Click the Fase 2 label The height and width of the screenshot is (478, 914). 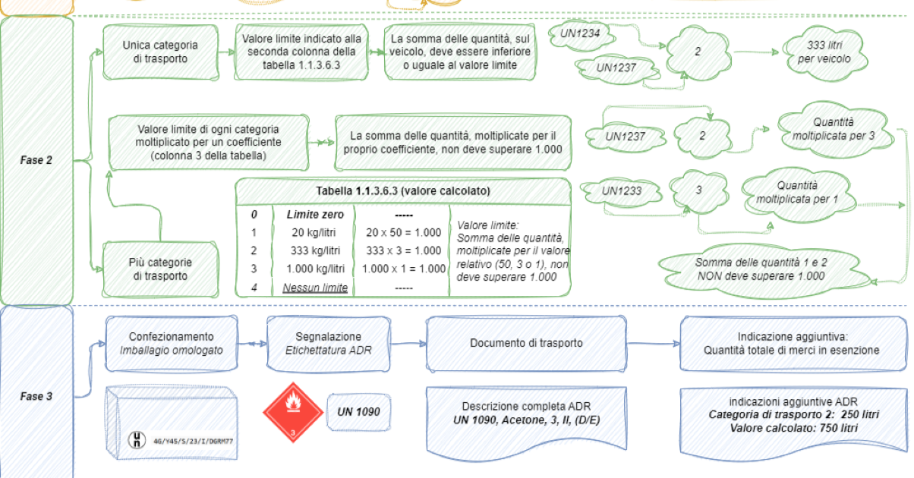pos(36,160)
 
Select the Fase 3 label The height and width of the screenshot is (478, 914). pos(36,396)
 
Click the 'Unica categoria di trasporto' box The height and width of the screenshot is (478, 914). pos(160,52)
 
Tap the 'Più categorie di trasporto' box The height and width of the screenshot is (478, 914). pos(160,269)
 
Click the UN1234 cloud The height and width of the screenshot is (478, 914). pos(580,35)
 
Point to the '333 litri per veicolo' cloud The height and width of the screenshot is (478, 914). pos(824,52)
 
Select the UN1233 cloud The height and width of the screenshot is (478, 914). pos(622,191)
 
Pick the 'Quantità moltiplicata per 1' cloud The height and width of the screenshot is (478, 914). pos(797,193)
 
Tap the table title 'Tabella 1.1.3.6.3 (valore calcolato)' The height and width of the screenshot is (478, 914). pos(403,191)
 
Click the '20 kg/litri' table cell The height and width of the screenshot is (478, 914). pos(314,232)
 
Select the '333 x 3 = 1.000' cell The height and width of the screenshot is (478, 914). pos(403,250)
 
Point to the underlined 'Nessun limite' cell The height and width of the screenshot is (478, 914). pos(315,288)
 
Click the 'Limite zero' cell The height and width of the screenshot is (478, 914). pos(315,215)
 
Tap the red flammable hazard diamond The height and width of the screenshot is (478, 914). pos(293,412)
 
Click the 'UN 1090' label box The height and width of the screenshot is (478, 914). pos(358,412)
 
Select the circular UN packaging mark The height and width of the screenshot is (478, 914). pos(137,440)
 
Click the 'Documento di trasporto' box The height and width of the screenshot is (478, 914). pos(526,344)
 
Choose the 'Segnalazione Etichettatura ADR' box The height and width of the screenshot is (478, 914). pos(329,344)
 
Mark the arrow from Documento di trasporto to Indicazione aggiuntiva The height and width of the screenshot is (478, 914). pos(654,344)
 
